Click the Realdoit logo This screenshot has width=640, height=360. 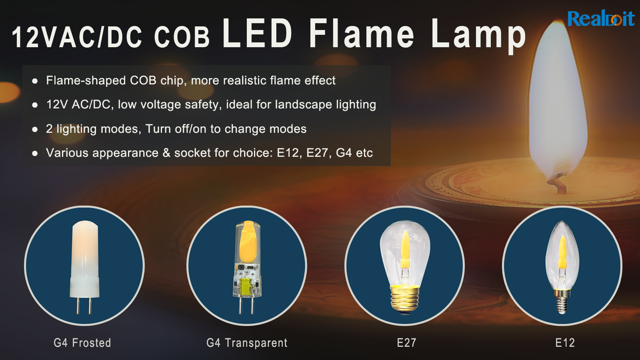tap(601, 18)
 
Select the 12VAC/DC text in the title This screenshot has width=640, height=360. tap(77, 38)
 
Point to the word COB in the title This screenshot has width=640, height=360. tap(182, 38)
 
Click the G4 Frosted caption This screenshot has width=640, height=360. tap(82, 342)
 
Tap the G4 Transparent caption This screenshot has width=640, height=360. tap(247, 342)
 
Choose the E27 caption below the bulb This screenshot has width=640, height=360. tap(406, 342)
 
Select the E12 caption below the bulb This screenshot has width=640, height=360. tap(565, 342)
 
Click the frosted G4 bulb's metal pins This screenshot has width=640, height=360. tap(84, 306)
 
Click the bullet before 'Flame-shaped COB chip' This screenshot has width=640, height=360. tap(35, 81)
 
